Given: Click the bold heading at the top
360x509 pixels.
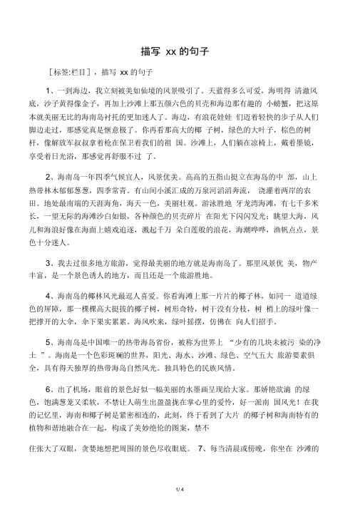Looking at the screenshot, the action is tap(179, 51).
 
